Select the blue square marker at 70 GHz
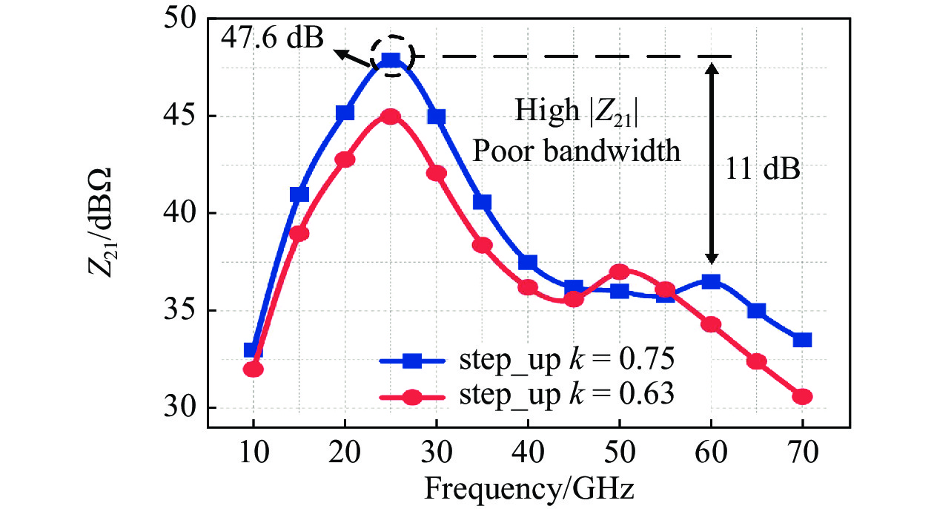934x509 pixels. pos(802,340)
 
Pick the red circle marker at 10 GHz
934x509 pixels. pos(254,369)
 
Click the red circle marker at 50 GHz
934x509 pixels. pos(620,272)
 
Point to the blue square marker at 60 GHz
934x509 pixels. pos(711,281)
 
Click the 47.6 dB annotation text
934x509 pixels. pos(274,37)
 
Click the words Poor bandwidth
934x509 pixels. pos(577,151)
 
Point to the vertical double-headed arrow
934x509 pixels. pos(712,163)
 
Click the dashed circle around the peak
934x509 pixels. pos(391,53)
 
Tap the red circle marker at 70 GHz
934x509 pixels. pos(802,396)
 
